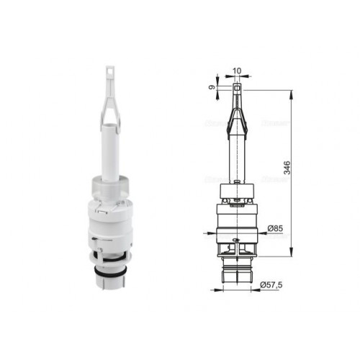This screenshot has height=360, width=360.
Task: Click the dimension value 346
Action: coord(287,168)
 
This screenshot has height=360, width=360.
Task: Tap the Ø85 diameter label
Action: coord(275,228)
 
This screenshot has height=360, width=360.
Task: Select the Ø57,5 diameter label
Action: coord(271,285)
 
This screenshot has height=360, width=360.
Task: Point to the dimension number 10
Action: coord(237,71)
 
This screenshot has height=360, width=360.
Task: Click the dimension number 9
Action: coord(212,88)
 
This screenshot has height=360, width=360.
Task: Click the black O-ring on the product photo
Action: coord(110,272)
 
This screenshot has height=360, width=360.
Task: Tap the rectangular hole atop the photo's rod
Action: coord(110,71)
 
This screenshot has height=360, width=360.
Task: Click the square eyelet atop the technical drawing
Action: coord(237,88)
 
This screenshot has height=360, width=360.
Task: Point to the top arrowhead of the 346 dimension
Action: coord(292,94)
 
